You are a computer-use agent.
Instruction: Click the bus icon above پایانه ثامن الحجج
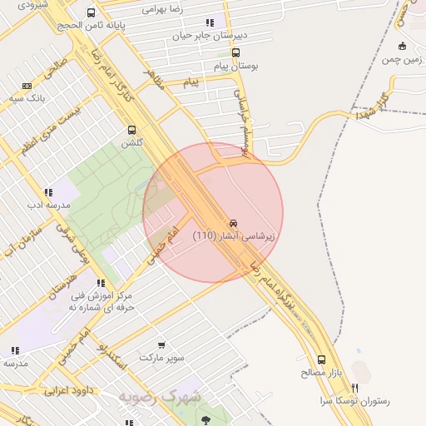click(x=91, y=13)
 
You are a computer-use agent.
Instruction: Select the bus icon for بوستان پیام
click(x=237, y=52)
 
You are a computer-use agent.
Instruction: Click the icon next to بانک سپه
click(x=27, y=86)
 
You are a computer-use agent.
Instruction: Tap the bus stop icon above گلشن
click(x=131, y=130)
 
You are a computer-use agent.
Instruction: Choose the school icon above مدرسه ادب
click(x=48, y=192)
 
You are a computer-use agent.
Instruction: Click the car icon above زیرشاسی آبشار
click(x=234, y=223)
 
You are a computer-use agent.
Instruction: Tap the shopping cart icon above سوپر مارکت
click(x=161, y=344)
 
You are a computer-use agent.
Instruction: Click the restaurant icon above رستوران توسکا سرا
click(x=355, y=388)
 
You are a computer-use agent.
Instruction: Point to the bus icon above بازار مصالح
click(x=321, y=360)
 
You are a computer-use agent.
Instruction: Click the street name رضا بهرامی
click(x=163, y=9)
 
